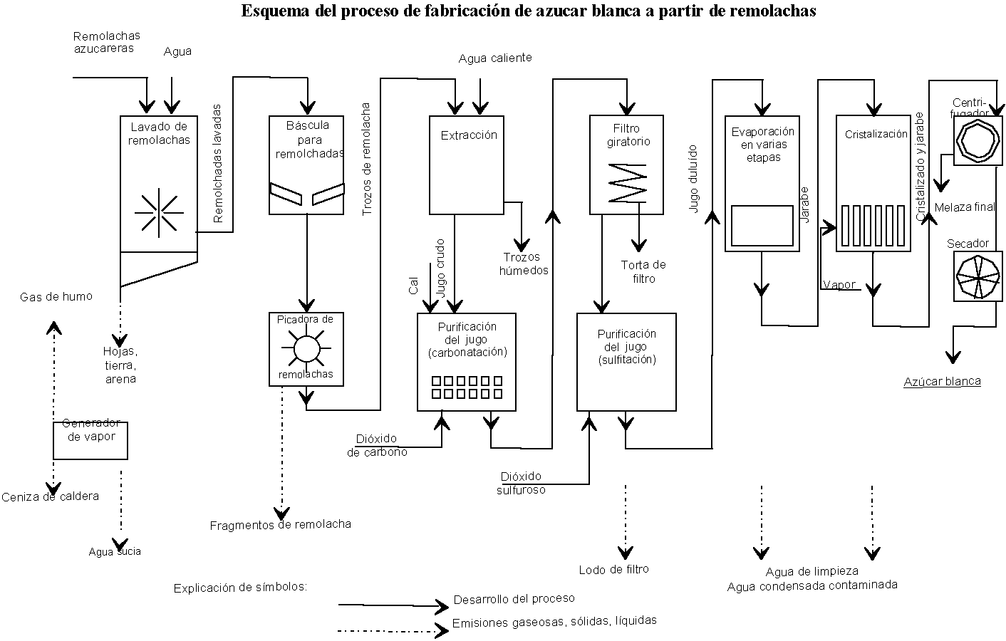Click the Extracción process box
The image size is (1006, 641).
[x=467, y=165]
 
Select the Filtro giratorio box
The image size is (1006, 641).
[x=626, y=164]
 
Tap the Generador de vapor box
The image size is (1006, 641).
[x=90, y=440]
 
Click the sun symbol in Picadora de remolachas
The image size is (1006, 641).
[x=306, y=349]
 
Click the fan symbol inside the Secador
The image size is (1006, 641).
[x=977, y=276]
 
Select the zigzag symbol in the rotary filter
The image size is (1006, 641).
[x=627, y=182]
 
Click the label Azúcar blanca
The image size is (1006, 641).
[x=942, y=382]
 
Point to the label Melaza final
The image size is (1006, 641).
[x=964, y=207]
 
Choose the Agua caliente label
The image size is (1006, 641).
[x=494, y=58]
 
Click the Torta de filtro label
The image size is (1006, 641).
[x=643, y=271]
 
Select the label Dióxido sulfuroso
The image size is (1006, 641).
[x=521, y=483]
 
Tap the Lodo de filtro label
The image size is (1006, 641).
[x=613, y=569]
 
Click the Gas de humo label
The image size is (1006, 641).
[x=56, y=296]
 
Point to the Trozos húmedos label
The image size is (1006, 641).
[x=524, y=264]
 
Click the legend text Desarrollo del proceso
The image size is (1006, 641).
[x=514, y=599]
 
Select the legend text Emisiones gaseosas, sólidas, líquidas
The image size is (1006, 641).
[x=554, y=622]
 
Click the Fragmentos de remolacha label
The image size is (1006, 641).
[x=280, y=525]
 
